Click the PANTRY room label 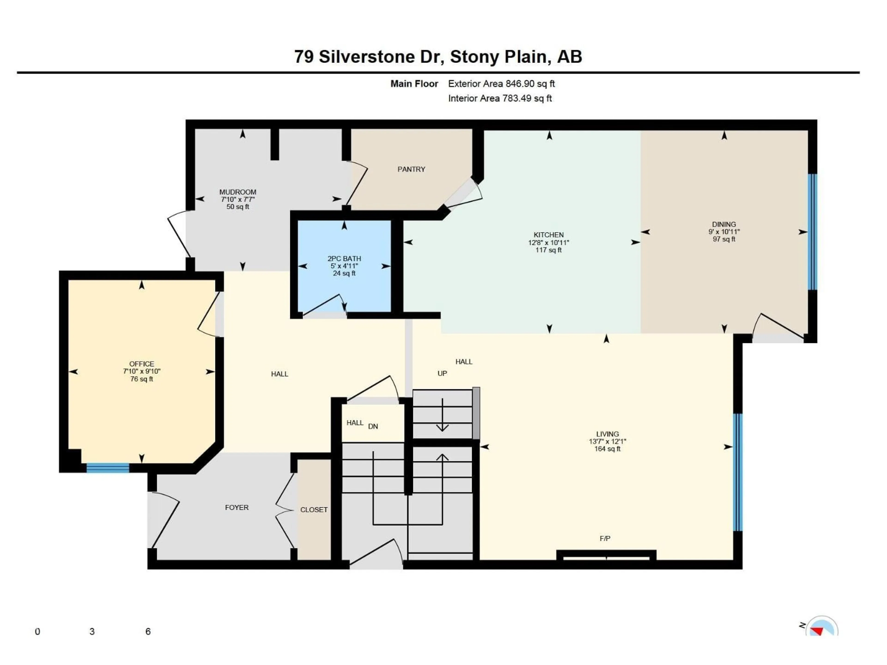[x=411, y=169]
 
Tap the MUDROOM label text [x=237, y=192]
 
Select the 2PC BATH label [x=344, y=259]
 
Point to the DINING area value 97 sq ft [x=724, y=239]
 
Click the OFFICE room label [x=142, y=364]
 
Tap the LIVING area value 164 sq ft [x=607, y=449]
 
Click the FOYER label [x=237, y=508]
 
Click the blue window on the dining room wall [x=812, y=232]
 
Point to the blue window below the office [x=107, y=468]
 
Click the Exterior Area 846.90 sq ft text [x=501, y=84]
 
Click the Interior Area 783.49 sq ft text [x=500, y=98]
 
